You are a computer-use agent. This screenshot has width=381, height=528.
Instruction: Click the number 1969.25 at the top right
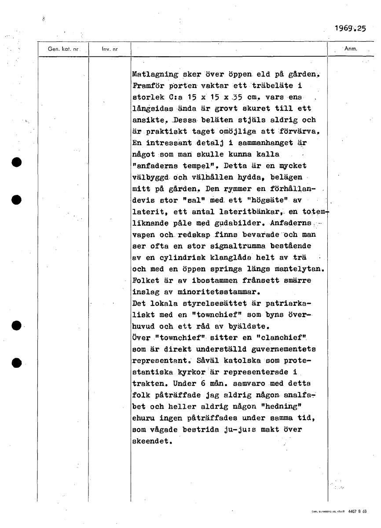coord(350,29)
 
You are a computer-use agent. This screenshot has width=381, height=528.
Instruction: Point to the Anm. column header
coord(350,49)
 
